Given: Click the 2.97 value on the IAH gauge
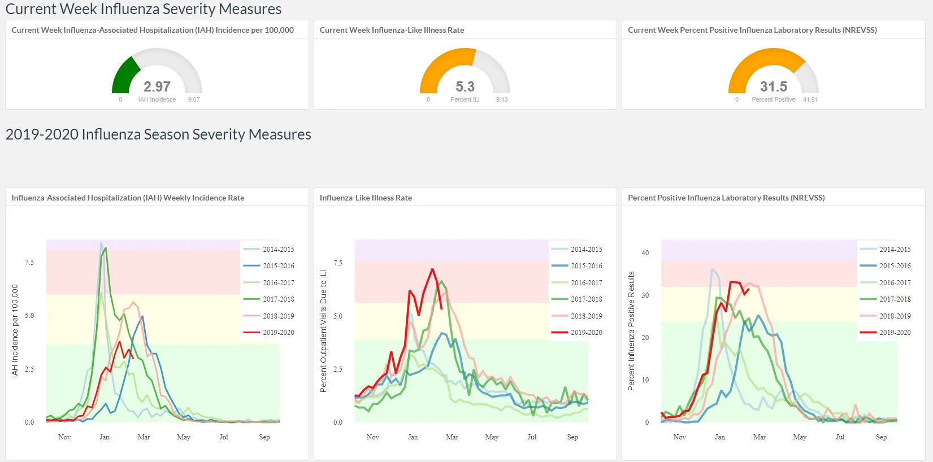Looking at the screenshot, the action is coord(157,86).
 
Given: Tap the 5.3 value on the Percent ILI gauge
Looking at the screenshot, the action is coord(465,86).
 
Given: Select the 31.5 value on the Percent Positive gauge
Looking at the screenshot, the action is coord(774,86).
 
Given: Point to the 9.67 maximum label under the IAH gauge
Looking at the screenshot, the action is coord(194,99).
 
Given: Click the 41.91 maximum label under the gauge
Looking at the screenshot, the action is coord(810,99).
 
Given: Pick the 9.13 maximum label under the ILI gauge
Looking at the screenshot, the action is coord(502,99).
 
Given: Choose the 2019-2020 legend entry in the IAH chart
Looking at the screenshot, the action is coord(269,332).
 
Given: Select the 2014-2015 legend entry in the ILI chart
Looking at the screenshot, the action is coord(577,249).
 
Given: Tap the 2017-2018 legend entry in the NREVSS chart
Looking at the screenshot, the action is coord(885,299).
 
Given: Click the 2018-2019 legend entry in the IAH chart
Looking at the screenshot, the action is coord(269,316).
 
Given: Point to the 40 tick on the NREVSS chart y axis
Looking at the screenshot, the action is coord(645,252).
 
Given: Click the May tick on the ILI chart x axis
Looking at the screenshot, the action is coord(492,437).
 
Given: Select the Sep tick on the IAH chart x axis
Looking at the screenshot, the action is coord(264,437).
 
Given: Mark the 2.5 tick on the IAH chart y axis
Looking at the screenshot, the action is coord(29,369).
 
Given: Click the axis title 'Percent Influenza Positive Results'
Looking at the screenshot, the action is coord(631,331).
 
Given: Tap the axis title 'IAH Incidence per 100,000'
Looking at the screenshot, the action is coord(15,331).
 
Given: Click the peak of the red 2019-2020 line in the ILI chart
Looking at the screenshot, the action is coord(433,269).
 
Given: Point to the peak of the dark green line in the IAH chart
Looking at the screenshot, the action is coord(106,248).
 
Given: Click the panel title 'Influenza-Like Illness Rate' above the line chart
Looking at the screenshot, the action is coord(366,198).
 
